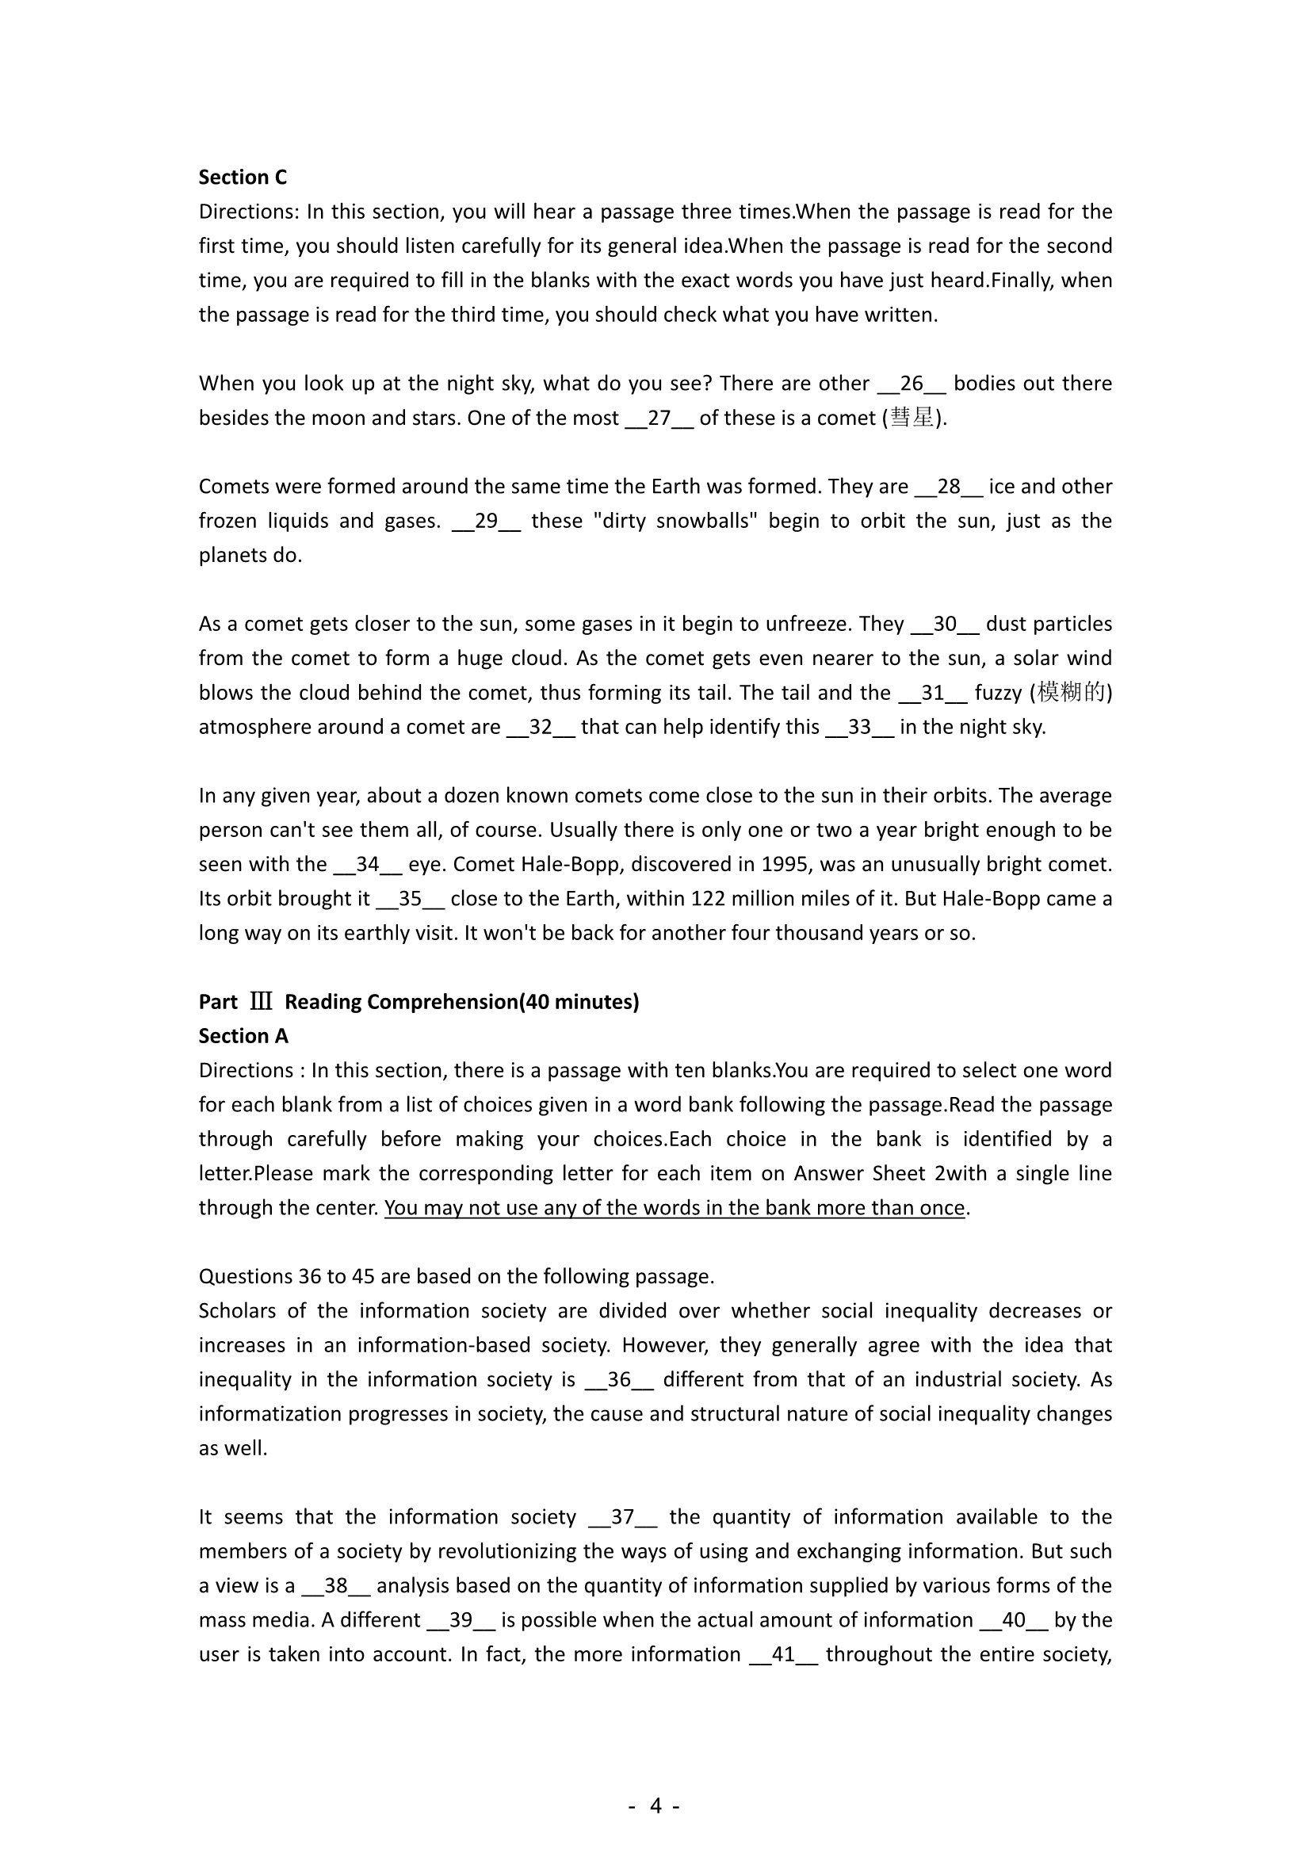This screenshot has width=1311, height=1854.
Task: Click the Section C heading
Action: [243, 177]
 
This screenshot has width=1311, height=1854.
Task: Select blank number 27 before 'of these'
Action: [659, 419]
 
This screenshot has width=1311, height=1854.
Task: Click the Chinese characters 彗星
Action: [912, 419]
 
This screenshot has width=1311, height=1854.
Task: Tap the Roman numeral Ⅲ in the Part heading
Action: [261, 1002]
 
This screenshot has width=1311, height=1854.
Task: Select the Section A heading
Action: [243, 1036]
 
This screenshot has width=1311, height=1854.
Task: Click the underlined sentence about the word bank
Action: [674, 1208]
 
